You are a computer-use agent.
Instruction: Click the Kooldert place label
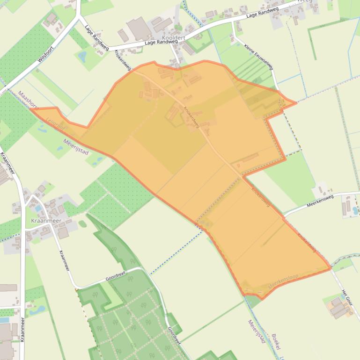pos(173,37)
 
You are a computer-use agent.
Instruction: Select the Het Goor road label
pos(346,298)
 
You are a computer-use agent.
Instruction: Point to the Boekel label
pos(275,346)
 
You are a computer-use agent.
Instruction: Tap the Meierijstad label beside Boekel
pos(257,331)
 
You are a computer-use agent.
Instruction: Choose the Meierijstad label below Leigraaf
pos(76,146)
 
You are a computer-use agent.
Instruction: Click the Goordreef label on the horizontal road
pos(115,277)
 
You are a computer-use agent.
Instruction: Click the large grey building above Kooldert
pos(139,29)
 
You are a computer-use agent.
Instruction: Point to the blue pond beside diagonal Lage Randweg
pos(83,57)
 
